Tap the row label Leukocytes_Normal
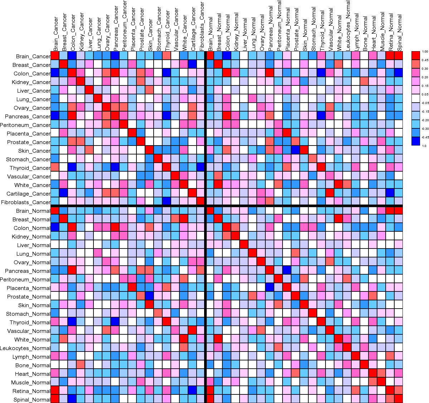25,348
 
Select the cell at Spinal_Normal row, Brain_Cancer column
55,399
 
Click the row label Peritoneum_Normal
25,280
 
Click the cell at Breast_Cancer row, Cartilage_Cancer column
192,65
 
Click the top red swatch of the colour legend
416,54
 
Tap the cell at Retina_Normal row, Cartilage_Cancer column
192,391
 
